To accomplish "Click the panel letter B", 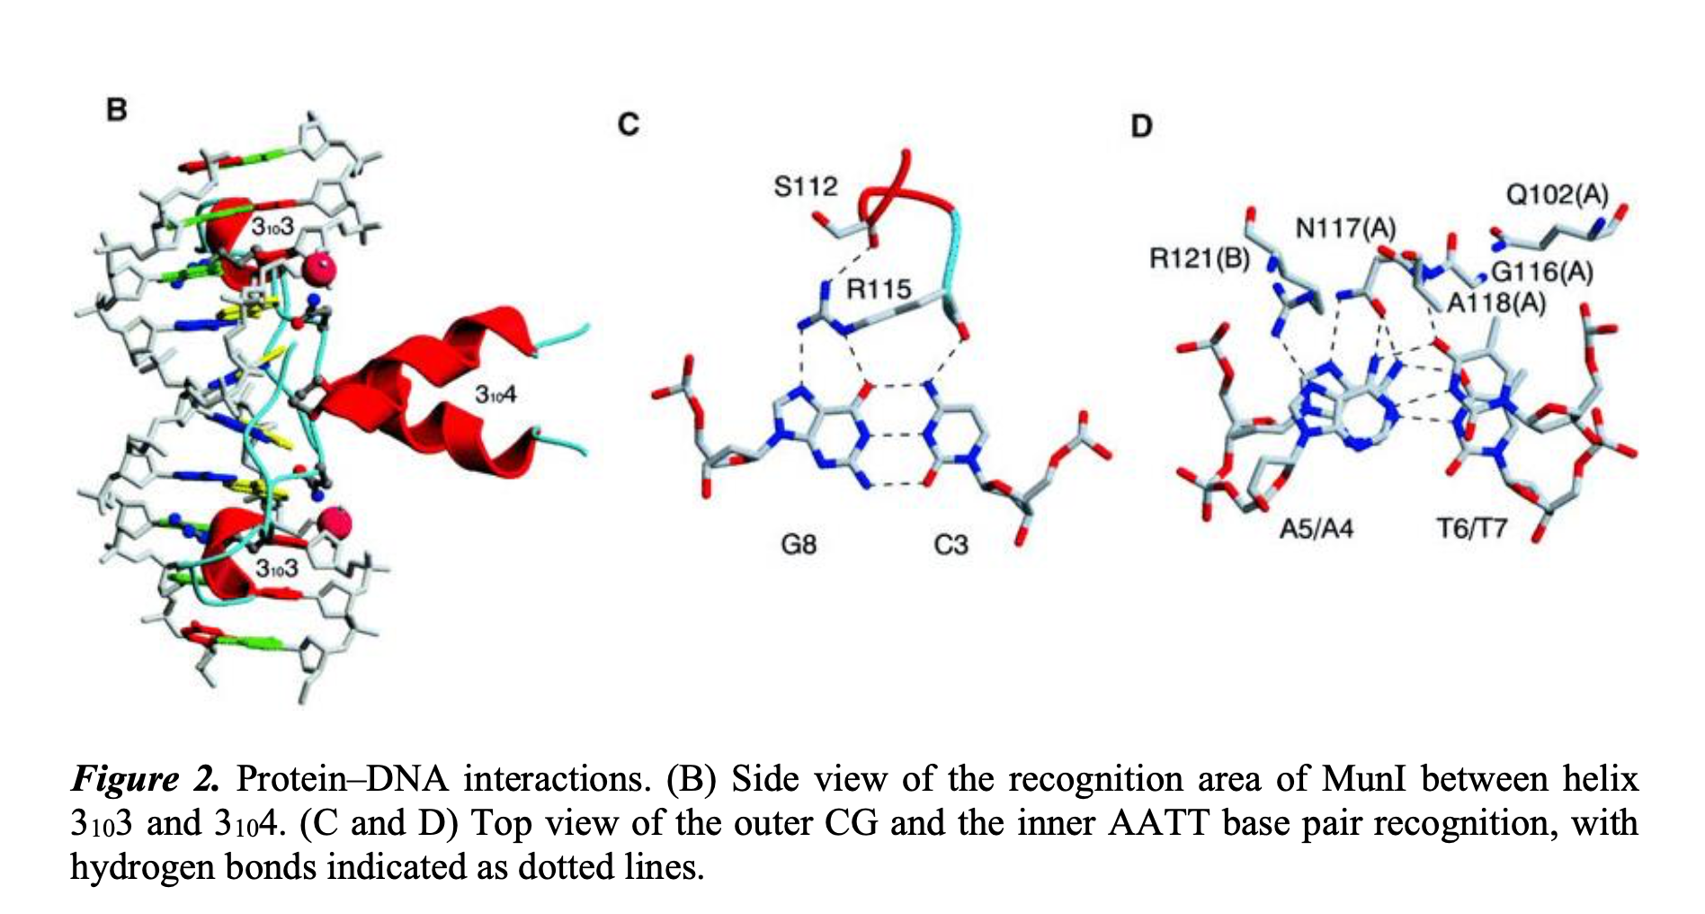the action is [117, 110].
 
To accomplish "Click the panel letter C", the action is [629, 123].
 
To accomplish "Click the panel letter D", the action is [1141, 126].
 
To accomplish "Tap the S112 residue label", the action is [806, 186].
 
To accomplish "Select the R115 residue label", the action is [879, 289].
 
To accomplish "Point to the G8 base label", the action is [799, 544].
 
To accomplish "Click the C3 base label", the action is [951, 544].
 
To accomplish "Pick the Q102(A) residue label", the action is [1557, 194].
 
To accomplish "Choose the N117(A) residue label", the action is [1345, 228].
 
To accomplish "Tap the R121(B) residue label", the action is [1200, 259].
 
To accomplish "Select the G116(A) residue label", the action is [1542, 271].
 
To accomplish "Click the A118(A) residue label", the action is [1496, 303].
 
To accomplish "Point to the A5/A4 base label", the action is [1317, 527].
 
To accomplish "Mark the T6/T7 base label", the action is [1471, 527].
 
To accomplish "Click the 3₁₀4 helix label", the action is [495, 394].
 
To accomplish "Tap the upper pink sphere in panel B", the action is [319, 270].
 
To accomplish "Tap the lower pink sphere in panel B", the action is [335, 523].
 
